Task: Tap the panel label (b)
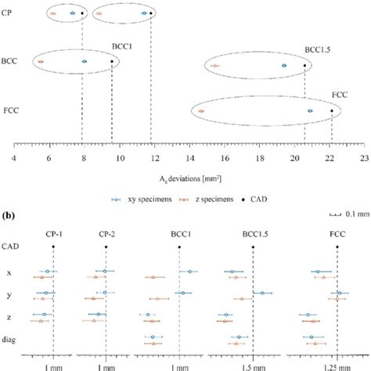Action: pos(16,214)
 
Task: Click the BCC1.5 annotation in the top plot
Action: pos(317,49)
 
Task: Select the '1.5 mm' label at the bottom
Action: pos(254,365)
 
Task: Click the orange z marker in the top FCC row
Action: pos(201,111)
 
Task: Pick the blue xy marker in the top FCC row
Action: pos(310,111)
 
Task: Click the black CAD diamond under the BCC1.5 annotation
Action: pos(304,66)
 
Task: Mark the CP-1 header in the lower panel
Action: pos(52,231)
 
